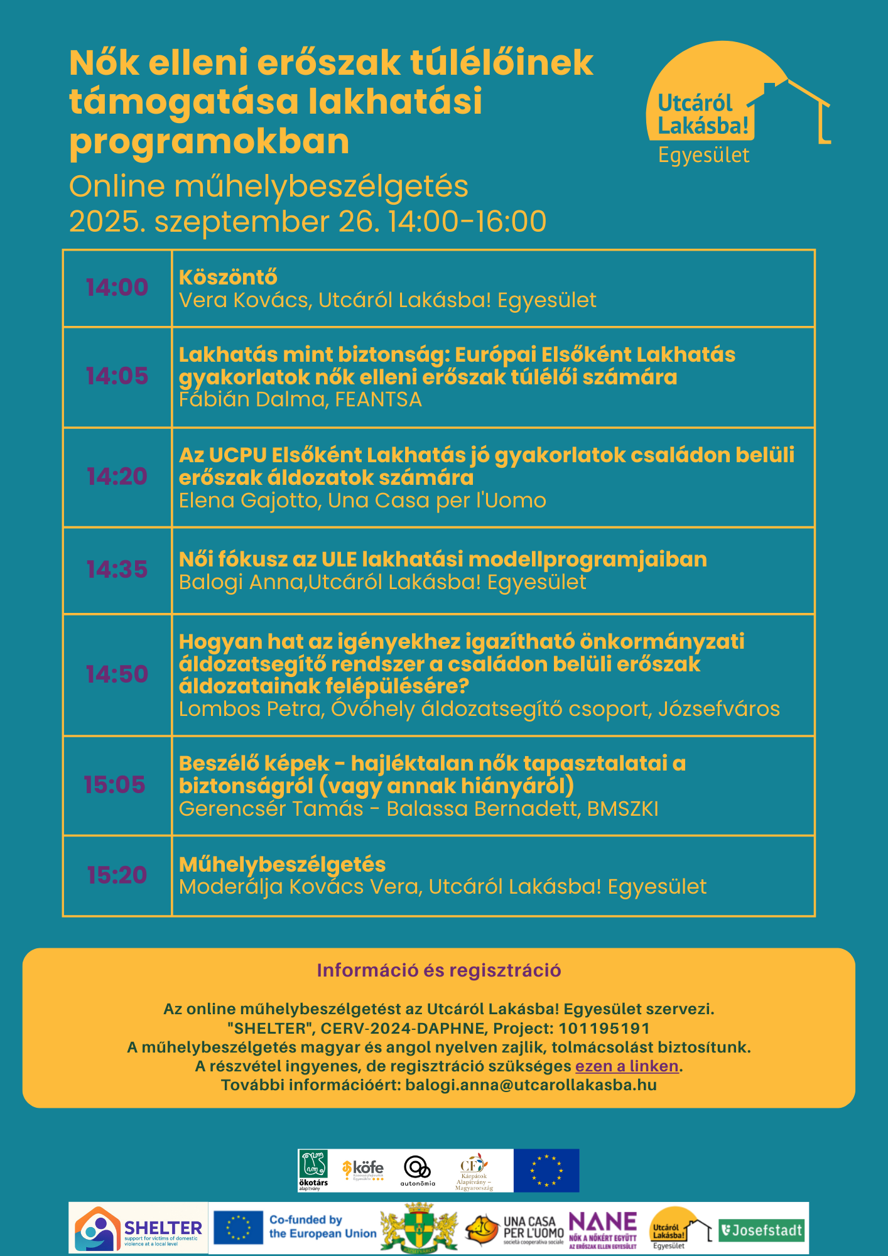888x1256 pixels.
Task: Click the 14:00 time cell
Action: pyautogui.click(x=117, y=288)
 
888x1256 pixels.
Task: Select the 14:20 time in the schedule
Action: pyautogui.click(x=117, y=477)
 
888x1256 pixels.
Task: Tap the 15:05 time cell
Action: pyautogui.click(x=114, y=784)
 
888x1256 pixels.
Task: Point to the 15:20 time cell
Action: pyautogui.click(x=117, y=875)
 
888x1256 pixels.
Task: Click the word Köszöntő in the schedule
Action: pyautogui.click(x=228, y=277)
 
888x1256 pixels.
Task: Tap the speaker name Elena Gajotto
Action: pyautogui.click(x=249, y=501)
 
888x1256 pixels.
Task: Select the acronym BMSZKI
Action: pyautogui.click(x=622, y=809)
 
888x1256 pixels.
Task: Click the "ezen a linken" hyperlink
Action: pyautogui.click(x=627, y=1066)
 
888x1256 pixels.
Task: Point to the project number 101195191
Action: pyautogui.click(x=604, y=1028)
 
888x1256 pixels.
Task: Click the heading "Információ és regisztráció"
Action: pyautogui.click(x=438, y=970)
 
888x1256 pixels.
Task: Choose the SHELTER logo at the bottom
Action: pyautogui.click(x=139, y=1228)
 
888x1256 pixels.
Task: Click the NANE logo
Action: pyautogui.click(x=602, y=1228)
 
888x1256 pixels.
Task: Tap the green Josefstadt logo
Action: pyautogui.click(x=761, y=1230)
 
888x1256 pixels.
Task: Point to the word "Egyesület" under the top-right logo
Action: pyautogui.click(x=703, y=155)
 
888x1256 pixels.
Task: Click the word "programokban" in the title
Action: pyautogui.click(x=209, y=141)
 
